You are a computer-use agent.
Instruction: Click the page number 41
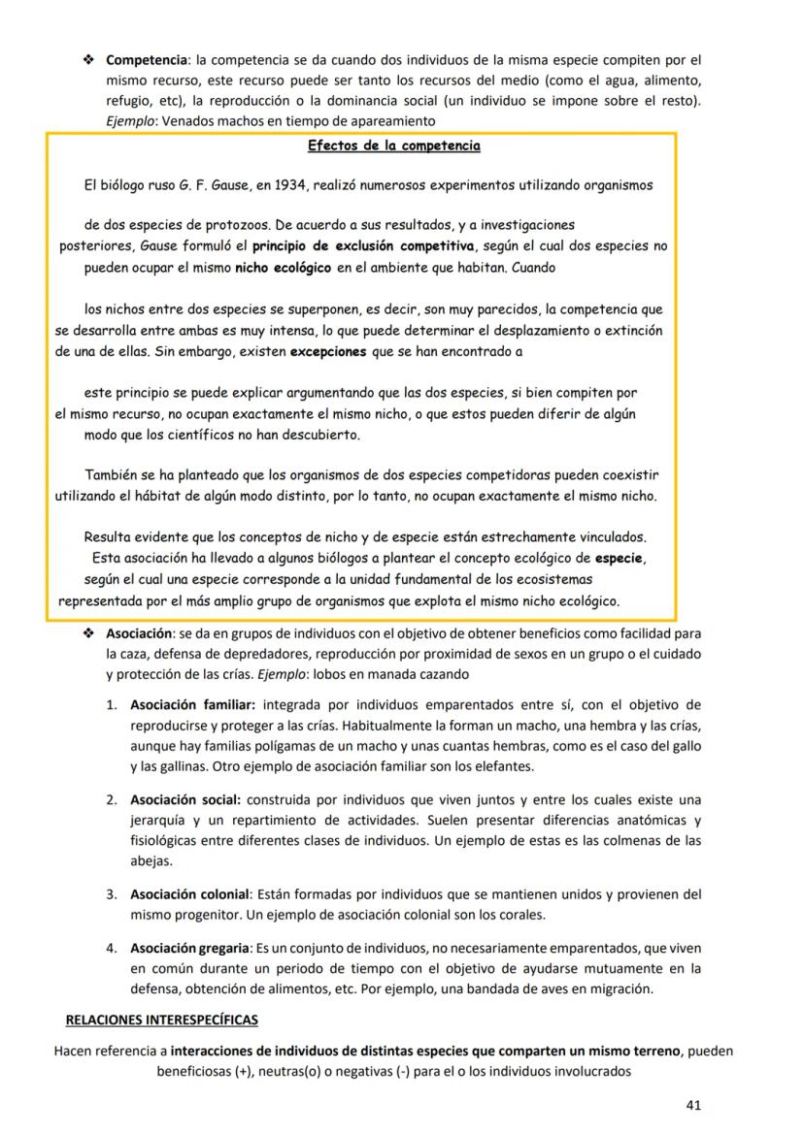(x=693, y=1104)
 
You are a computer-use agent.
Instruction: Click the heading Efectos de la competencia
(x=393, y=146)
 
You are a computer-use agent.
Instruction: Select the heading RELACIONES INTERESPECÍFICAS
(x=161, y=1021)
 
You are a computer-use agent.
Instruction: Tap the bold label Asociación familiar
(x=192, y=704)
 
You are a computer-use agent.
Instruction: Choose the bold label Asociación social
(x=185, y=799)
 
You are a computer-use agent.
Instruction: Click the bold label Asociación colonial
(x=190, y=894)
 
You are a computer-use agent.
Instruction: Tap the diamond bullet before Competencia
(x=89, y=60)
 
